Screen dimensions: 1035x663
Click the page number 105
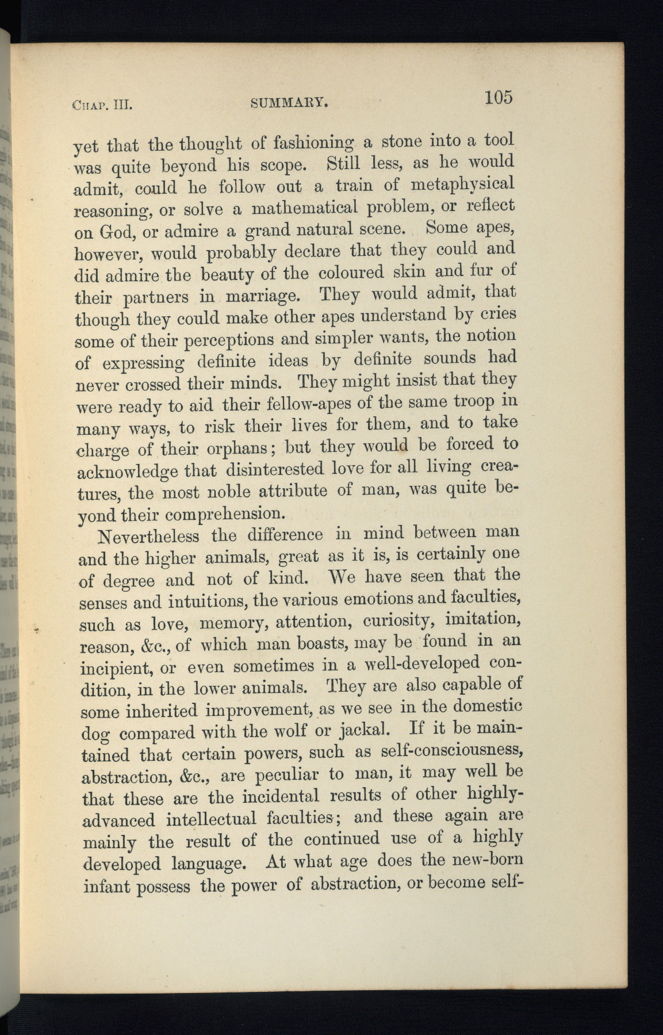click(x=497, y=97)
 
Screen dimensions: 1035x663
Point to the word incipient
click(x=116, y=669)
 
